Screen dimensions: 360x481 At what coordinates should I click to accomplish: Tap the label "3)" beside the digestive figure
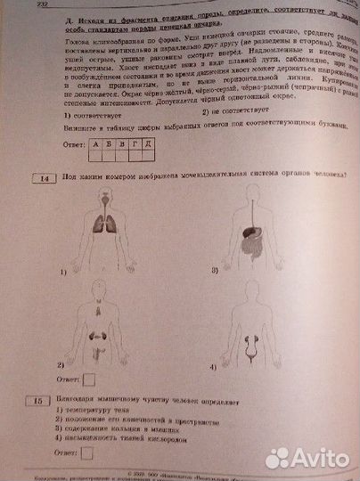(215, 269)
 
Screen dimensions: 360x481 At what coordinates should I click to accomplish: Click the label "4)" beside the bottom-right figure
(212, 366)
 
